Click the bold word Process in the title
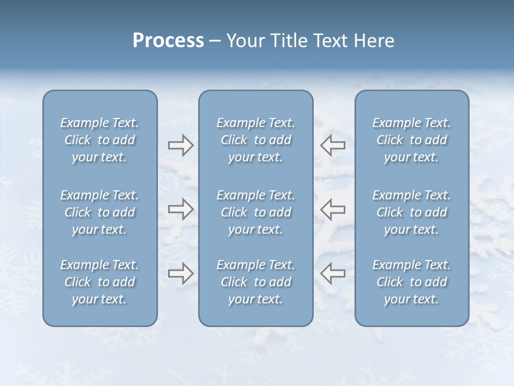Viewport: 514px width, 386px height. tap(168, 41)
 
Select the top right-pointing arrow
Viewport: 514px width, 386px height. tap(180, 145)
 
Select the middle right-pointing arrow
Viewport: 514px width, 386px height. tap(180, 209)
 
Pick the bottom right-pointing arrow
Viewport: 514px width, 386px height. tap(180, 273)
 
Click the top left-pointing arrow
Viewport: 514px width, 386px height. tap(333, 145)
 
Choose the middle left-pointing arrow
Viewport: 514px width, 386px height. tap(333, 209)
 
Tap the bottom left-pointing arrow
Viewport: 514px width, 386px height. tap(333, 273)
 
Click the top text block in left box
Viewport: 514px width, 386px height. tap(100, 140)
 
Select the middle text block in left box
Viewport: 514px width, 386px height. tap(100, 212)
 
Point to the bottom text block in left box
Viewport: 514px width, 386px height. tap(100, 282)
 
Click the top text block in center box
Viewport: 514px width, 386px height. tap(255, 140)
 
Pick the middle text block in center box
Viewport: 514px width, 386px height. tap(255, 212)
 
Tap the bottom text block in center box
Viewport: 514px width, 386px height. tap(255, 282)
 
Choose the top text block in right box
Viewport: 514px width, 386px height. tap(411, 140)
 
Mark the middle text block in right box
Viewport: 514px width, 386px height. tap(411, 212)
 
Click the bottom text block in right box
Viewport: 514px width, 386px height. tap(411, 282)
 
